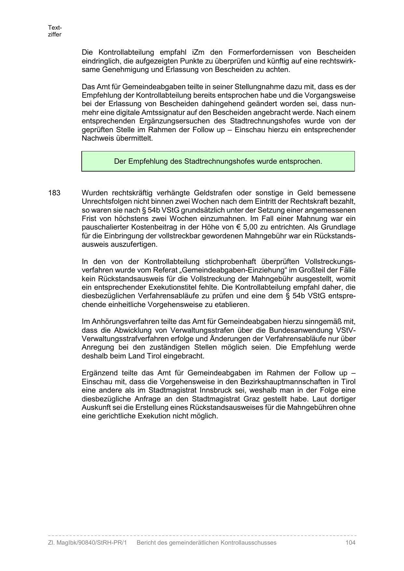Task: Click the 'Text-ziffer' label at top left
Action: tap(55, 31)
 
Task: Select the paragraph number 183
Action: tap(54, 193)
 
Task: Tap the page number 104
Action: tap(350, 542)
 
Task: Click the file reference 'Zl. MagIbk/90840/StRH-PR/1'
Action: tap(87, 542)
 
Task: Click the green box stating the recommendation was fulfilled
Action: tap(218, 161)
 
